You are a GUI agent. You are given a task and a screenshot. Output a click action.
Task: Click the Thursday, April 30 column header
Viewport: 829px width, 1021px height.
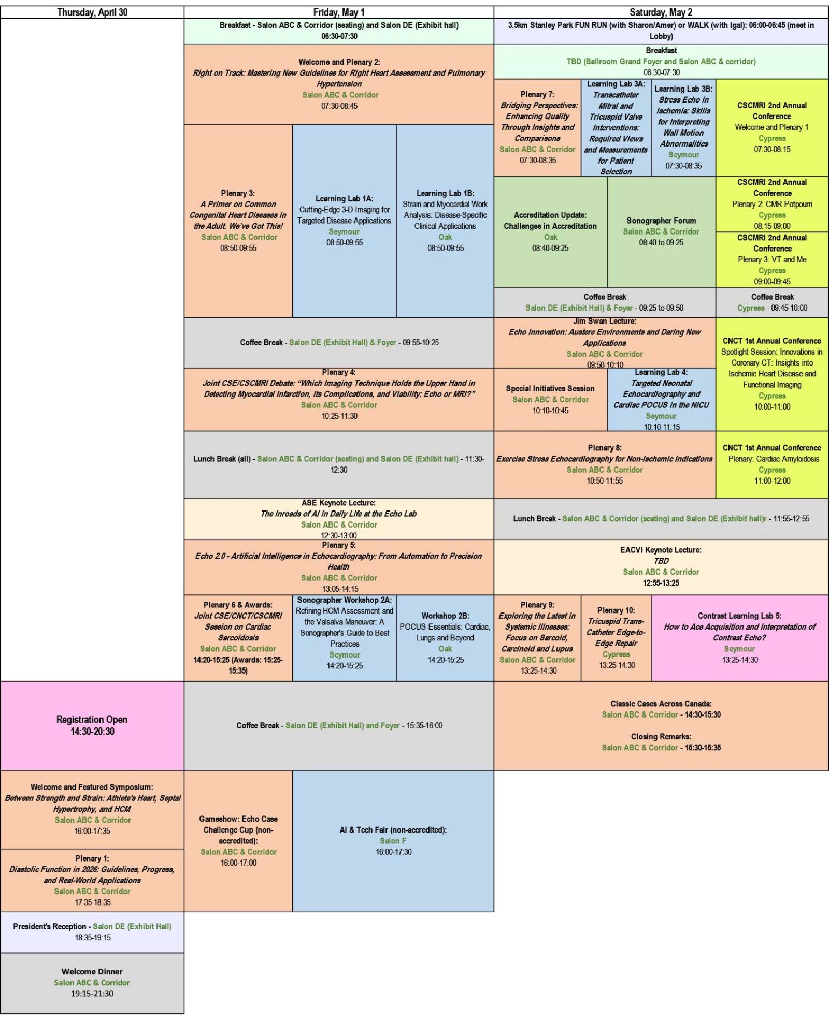click(92, 12)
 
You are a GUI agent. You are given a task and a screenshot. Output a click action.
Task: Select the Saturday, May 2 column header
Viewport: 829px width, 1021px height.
click(661, 12)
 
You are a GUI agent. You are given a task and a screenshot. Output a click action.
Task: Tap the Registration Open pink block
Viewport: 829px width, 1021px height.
click(92, 725)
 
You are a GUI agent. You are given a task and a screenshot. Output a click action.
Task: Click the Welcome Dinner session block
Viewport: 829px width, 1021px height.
click(92, 982)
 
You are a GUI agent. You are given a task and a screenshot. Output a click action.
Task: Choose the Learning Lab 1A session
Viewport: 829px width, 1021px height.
click(344, 221)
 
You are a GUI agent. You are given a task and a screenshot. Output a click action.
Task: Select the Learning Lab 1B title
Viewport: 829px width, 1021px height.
click(445, 193)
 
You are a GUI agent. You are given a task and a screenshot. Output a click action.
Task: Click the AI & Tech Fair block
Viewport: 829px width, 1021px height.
click(393, 840)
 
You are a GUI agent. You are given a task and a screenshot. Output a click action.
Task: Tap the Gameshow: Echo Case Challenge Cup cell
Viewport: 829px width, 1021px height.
click(238, 840)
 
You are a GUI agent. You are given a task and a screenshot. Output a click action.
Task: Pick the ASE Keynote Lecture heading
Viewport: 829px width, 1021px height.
click(338, 503)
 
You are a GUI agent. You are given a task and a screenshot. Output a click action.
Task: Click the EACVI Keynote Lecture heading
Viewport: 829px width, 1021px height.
click(661, 550)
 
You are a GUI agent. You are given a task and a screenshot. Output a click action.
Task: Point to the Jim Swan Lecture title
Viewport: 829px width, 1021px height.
click(605, 322)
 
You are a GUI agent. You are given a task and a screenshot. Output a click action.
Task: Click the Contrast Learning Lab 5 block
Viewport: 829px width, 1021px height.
click(739, 637)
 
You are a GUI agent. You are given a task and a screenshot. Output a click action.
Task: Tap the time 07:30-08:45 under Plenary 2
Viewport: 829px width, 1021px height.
click(339, 106)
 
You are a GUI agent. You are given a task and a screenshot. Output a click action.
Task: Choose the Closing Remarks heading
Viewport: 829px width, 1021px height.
click(661, 736)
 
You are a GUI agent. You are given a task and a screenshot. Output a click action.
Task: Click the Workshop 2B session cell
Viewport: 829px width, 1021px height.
click(445, 637)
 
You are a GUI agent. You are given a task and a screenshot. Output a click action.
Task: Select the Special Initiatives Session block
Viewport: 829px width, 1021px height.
click(550, 399)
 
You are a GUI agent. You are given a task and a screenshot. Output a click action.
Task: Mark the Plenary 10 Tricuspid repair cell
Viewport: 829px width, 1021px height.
click(616, 637)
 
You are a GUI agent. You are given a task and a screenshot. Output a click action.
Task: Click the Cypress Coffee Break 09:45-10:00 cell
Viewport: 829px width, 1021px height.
click(772, 302)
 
